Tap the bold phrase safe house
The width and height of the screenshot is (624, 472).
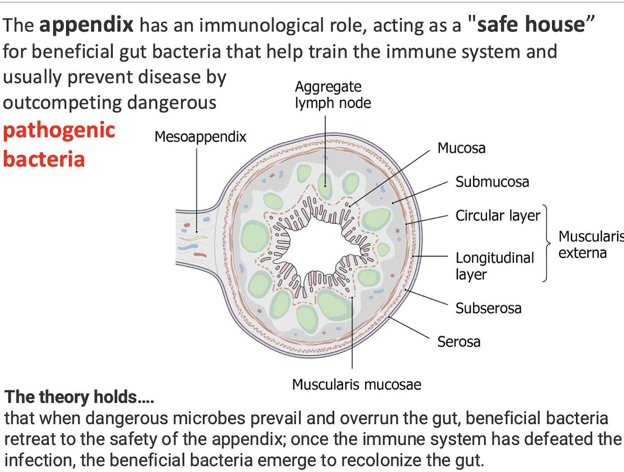tap(531, 24)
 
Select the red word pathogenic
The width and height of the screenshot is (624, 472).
tap(59, 131)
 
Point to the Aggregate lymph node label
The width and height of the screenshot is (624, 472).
tap(332, 94)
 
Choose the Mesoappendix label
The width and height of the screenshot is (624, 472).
tap(200, 137)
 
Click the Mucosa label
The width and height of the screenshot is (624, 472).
tap(461, 148)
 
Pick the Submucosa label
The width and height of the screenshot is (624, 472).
tap(492, 182)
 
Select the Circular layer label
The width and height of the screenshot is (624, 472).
tap(498, 216)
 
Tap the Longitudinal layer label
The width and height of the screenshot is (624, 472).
tap(494, 265)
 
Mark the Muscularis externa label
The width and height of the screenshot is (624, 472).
tap(590, 244)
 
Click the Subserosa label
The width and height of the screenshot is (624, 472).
tap(488, 308)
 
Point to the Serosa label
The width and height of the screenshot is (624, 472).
tap(458, 342)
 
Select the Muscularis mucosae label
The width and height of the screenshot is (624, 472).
tap(356, 384)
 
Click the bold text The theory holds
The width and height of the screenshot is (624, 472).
tap(79, 397)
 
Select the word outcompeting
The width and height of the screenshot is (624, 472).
tap(62, 103)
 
